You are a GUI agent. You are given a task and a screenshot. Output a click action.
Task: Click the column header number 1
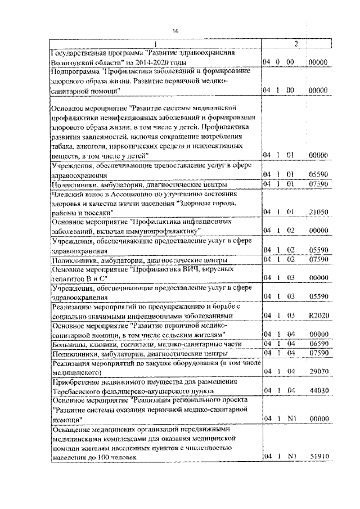[156, 44]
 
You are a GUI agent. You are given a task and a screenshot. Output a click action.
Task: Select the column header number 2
[296, 44]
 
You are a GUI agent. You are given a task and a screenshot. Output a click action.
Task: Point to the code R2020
[318, 317]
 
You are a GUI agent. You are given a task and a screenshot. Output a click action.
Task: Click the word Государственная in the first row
[78, 52]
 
